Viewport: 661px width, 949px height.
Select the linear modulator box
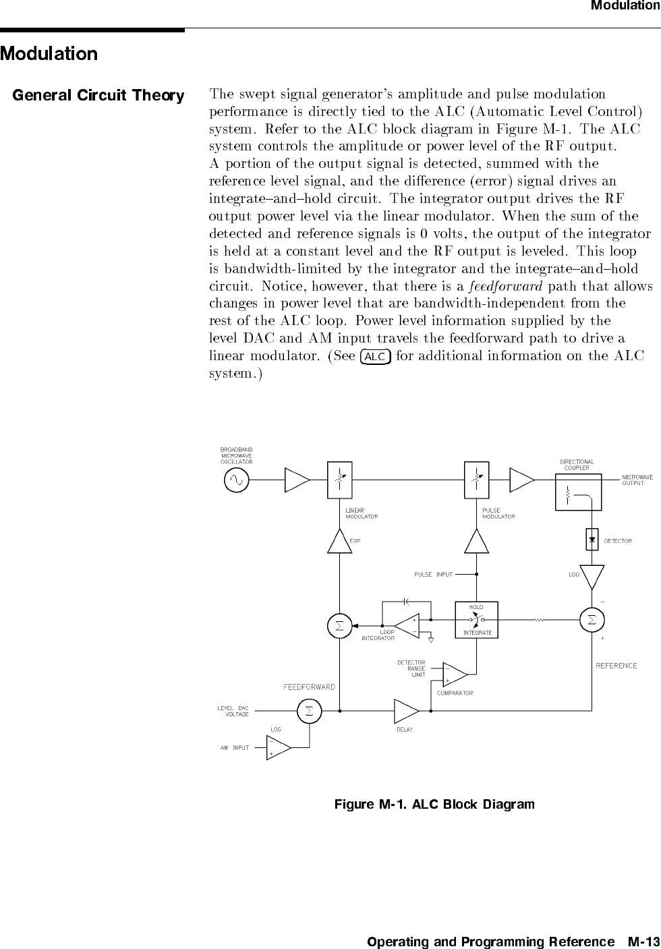point(340,480)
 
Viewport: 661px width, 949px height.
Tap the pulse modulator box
point(478,480)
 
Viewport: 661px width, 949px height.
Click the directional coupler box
point(578,492)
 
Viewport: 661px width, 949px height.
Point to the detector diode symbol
point(592,540)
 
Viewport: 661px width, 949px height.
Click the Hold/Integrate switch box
point(477,619)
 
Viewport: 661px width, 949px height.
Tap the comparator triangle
point(454,674)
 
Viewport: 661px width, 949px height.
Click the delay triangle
point(406,711)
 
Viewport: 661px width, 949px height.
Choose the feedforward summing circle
point(309,711)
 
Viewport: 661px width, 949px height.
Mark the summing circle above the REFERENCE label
point(592,619)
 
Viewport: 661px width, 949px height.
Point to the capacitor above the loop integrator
point(406,600)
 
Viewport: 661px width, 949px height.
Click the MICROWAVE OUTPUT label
point(637,480)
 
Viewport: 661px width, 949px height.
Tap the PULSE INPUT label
point(434,575)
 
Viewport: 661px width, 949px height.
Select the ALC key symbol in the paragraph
point(376,356)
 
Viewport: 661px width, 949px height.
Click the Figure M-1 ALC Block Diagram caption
point(434,804)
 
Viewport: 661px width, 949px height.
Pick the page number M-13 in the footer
point(643,942)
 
